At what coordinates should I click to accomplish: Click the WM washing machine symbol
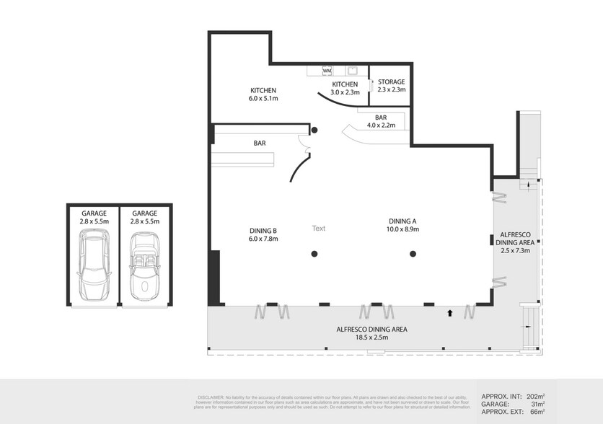[x=327, y=71]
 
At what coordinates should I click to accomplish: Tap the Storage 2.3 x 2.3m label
[x=392, y=86]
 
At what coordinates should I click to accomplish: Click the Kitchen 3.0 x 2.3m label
[x=344, y=88]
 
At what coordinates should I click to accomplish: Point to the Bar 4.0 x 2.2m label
[x=382, y=121]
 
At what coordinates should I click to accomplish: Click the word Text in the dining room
[x=318, y=229]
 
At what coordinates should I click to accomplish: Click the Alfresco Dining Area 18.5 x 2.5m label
[x=371, y=333]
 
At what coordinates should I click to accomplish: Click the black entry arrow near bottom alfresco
[x=450, y=313]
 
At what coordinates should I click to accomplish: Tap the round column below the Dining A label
[x=413, y=253]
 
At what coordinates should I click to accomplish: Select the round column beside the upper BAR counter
[x=314, y=131]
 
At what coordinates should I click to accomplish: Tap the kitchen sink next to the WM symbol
[x=353, y=70]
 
